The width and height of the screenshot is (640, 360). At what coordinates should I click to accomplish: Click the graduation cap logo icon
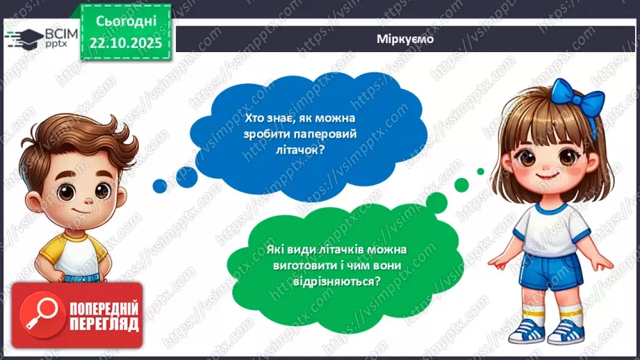(x=25, y=38)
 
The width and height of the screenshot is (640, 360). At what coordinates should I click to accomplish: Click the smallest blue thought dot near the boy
(x=159, y=185)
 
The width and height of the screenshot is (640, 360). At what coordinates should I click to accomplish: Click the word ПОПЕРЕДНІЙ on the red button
(x=104, y=308)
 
